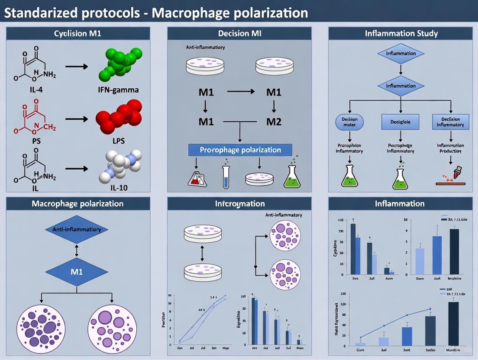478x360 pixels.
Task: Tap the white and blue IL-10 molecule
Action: (119, 168)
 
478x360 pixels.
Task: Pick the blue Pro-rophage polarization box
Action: (240, 150)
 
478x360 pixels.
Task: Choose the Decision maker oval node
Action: (349, 122)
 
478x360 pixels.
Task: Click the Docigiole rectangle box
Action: (401, 122)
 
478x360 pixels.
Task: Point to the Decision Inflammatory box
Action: (450, 122)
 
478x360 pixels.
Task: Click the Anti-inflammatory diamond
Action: (76, 230)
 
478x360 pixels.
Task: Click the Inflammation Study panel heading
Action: (400, 33)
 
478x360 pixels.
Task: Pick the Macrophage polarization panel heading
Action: (78, 203)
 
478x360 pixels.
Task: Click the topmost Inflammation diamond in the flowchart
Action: (401, 54)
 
